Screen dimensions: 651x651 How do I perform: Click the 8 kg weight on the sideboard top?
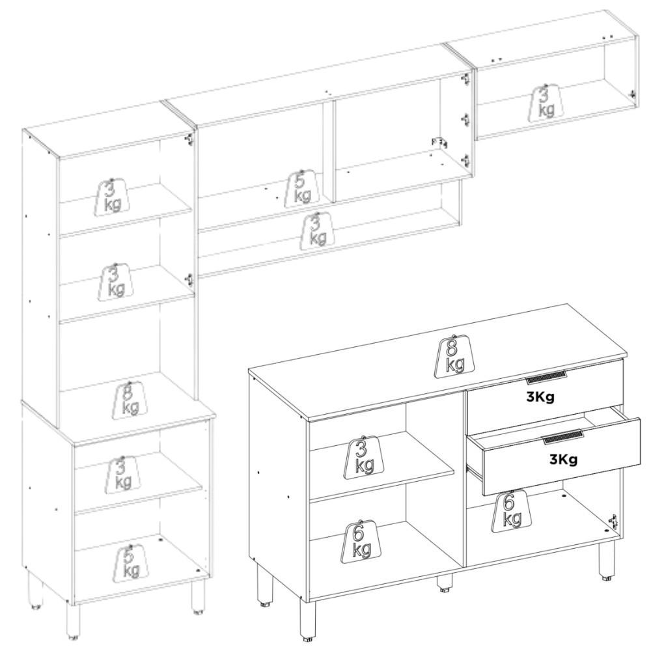pyautogui.click(x=455, y=355)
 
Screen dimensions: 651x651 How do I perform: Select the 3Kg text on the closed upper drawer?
pyautogui.click(x=540, y=396)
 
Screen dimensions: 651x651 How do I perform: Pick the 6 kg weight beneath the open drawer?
pyautogui.click(x=511, y=511)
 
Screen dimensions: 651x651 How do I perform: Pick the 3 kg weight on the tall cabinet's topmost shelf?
pyautogui.click(x=112, y=195)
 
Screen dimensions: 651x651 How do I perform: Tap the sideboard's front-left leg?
pyautogui.click(x=306, y=618)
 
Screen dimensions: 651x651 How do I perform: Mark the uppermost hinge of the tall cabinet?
pyautogui.click(x=189, y=139)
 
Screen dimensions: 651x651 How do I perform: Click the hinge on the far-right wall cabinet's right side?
pyautogui.click(x=633, y=95)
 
